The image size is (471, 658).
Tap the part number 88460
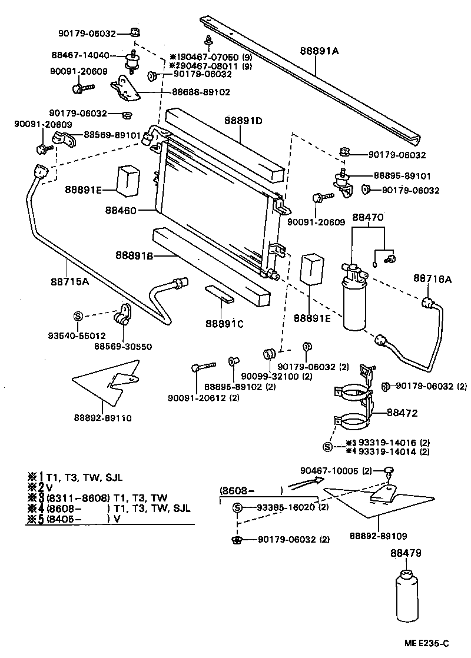[121, 210]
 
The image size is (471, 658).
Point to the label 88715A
[69, 281]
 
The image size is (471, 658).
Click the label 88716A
[432, 279]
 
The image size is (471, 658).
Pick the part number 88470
[368, 217]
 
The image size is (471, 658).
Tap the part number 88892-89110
[102, 418]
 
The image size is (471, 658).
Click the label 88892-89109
[378, 536]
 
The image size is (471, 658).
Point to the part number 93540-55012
[77, 335]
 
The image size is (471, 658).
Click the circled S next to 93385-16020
[237, 508]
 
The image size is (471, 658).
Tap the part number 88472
[402, 413]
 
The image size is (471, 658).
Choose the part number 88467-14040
[80, 55]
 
